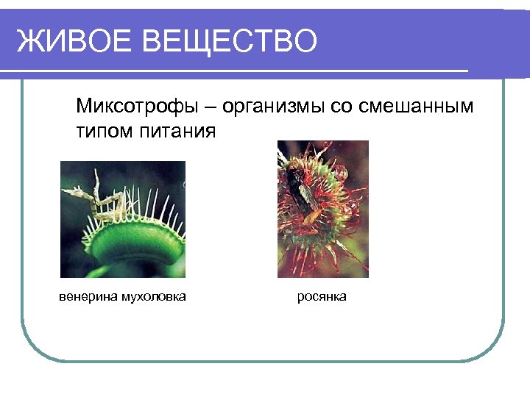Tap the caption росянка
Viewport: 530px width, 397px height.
click(322, 297)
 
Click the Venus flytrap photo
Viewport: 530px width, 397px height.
click(122, 219)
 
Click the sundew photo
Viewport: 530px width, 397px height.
click(322, 209)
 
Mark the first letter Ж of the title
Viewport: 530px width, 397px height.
click(29, 42)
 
